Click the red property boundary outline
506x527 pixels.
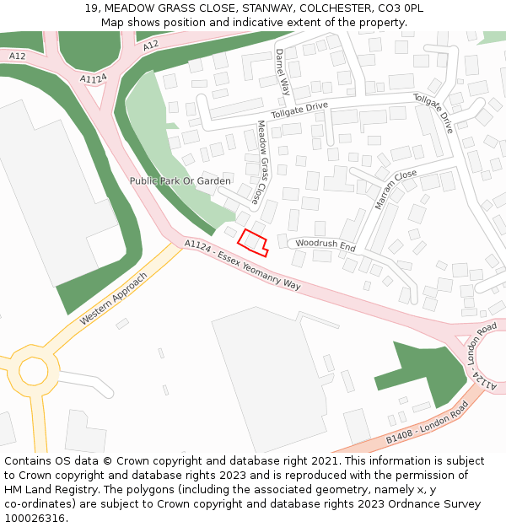point(253,242)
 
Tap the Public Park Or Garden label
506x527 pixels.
point(180,181)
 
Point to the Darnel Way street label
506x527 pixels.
point(283,72)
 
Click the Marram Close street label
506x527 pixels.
point(396,190)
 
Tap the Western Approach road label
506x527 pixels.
point(114,299)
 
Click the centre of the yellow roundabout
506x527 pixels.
point(35,371)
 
